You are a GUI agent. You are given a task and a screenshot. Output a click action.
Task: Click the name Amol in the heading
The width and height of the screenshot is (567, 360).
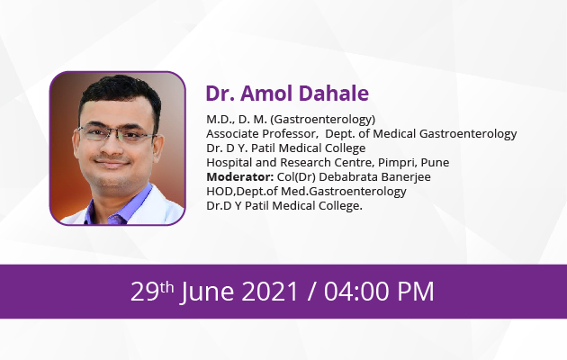267,94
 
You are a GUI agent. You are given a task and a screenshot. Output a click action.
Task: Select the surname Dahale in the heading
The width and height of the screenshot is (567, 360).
334,94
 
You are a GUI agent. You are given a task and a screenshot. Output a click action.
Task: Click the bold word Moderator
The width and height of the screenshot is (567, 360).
239,177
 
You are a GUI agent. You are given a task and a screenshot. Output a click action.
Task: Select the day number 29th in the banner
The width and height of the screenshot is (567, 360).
152,291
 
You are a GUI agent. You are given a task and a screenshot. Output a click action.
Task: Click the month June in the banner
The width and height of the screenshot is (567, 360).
208,292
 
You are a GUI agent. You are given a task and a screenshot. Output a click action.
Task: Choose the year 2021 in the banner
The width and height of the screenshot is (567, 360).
269,292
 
